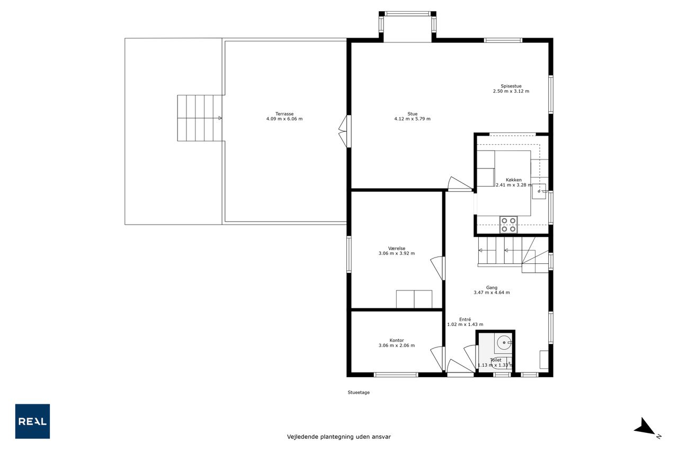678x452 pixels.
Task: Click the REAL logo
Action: (32, 421)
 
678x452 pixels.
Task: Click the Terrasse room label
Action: (284, 114)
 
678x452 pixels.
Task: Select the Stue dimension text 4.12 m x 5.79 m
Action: (412, 119)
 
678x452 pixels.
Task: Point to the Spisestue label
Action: (511, 86)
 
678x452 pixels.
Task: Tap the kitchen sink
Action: (539, 191)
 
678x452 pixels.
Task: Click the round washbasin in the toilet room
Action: (504, 343)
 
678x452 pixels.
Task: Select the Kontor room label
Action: (397, 340)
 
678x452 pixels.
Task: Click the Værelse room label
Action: (397, 248)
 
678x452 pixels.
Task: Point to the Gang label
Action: (492, 288)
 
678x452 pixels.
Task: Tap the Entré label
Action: (465, 320)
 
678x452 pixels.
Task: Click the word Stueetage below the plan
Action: (359, 392)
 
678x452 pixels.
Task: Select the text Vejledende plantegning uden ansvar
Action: (338, 437)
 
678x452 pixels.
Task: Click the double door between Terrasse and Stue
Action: (345, 131)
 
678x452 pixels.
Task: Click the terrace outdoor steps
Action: (200, 118)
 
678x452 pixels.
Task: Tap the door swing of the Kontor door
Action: (438, 358)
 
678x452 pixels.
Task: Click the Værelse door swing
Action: (438, 268)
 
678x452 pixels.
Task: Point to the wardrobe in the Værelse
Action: (414, 299)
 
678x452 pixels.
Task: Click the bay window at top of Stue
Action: (407, 26)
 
